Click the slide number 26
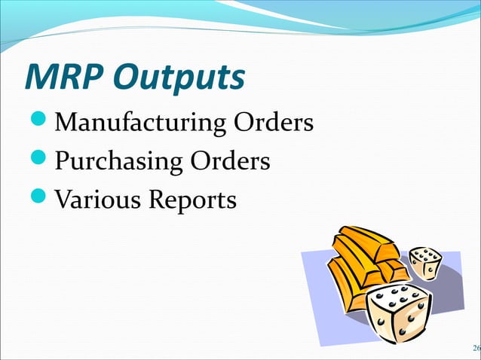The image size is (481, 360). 475,348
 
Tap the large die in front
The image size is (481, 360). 398,313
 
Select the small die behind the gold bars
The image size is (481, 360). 426,263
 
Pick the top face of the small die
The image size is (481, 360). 424,253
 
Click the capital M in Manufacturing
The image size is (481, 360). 68,121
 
